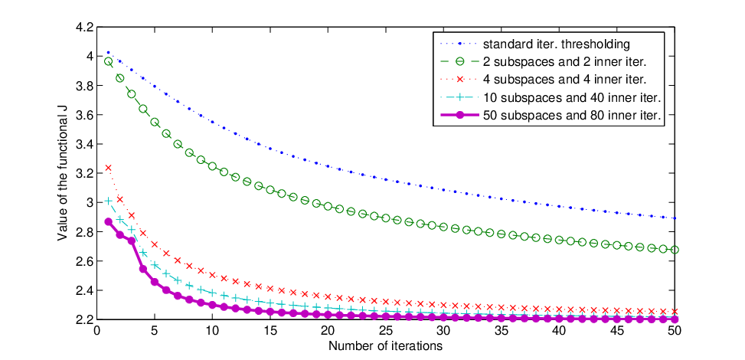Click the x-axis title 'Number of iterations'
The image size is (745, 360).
click(x=386, y=345)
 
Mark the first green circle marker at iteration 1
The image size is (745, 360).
click(x=108, y=61)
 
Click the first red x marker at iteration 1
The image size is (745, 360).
click(x=108, y=168)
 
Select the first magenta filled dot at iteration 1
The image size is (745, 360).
click(x=108, y=221)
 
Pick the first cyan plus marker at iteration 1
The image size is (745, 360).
click(x=108, y=201)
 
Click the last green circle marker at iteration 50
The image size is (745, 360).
click(x=675, y=250)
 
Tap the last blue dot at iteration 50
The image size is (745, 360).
click(x=675, y=218)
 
